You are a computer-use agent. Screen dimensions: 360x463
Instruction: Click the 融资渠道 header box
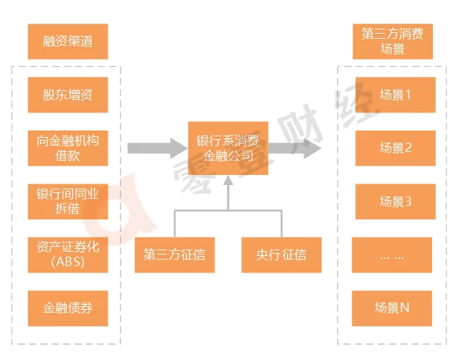[x=68, y=42]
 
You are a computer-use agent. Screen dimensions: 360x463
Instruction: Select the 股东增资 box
[x=68, y=95]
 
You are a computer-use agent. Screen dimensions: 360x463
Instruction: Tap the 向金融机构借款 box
[x=68, y=148]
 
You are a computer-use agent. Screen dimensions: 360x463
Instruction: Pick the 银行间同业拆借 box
[x=68, y=201]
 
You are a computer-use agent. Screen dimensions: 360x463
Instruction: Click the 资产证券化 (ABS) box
[x=68, y=255]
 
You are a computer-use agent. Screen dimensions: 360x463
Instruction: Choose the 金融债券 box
[x=68, y=308]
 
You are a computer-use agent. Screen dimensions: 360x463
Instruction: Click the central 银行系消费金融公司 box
[x=228, y=148]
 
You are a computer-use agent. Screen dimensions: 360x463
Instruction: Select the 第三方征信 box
[x=174, y=255]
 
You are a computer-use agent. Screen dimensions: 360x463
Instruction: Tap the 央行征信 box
[x=281, y=255]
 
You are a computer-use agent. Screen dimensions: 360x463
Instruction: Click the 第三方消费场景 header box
[x=393, y=42]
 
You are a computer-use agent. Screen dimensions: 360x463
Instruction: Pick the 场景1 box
[x=396, y=95]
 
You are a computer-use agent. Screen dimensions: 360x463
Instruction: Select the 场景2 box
[x=396, y=148]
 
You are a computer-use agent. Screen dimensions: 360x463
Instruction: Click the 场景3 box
[x=396, y=202]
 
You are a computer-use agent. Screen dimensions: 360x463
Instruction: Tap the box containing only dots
[x=392, y=255]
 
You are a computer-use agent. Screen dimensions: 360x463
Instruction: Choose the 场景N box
[x=392, y=308]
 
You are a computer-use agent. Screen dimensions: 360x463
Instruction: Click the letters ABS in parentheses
[x=68, y=262]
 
